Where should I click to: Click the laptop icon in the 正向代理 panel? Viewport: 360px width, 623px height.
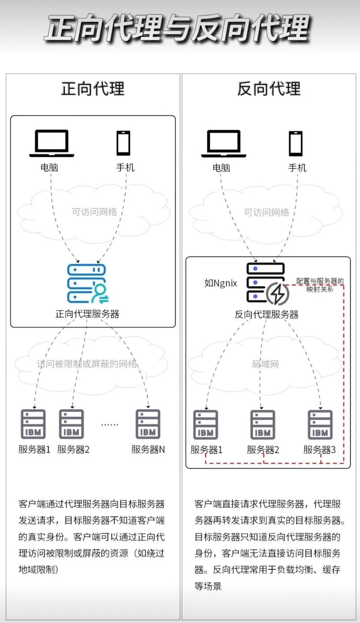coord(51,144)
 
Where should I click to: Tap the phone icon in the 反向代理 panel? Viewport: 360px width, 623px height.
coord(296,144)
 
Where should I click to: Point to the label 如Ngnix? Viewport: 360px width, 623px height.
coord(220,283)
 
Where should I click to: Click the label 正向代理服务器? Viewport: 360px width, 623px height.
coord(87,314)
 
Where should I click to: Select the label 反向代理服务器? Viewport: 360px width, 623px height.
coord(266,314)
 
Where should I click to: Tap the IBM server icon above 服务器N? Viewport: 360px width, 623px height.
coord(148,424)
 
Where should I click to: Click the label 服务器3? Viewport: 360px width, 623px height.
coord(319,449)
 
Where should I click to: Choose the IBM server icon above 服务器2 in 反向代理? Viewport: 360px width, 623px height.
coord(263,424)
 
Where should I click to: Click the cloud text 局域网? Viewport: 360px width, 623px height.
coord(265,364)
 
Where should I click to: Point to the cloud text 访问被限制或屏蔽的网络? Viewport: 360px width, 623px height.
coord(87,364)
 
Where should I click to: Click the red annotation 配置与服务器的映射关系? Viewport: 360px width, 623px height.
coord(320,285)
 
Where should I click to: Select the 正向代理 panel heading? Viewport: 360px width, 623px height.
coord(93,89)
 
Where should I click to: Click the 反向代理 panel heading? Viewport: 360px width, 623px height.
coord(269,89)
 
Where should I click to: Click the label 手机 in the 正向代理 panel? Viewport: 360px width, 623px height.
coord(125,168)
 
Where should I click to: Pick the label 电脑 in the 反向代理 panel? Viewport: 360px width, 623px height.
coord(221,168)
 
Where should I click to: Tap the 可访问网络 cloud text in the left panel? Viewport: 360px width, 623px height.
coord(94,212)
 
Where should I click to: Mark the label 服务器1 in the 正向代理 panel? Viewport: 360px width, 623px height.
coord(35,449)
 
